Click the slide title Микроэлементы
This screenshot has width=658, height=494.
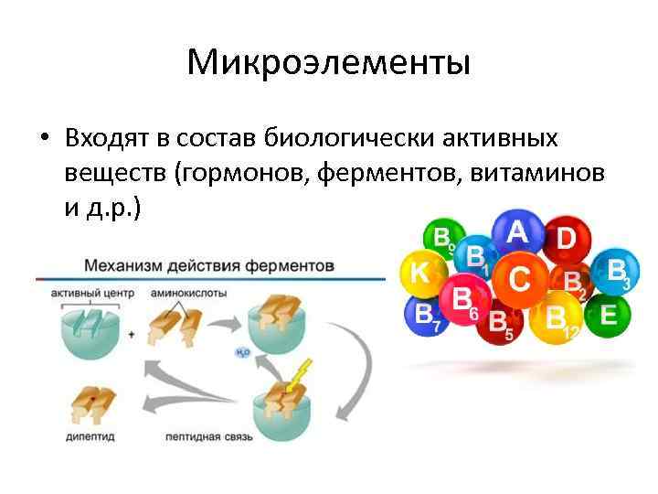click(x=328, y=62)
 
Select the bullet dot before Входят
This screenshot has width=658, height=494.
click(x=43, y=140)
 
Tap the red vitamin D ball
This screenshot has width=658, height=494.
click(x=565, y=241)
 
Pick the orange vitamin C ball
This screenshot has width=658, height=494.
click(x=519, y=278)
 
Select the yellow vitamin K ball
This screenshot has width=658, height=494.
click(x=420, y=273)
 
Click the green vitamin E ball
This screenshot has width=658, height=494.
click(x=607, y=316)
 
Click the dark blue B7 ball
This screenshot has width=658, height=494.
click(x=426, y=317)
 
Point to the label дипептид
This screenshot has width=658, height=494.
click(x=90, y=437)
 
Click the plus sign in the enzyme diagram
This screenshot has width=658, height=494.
click(x=132, y=336)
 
